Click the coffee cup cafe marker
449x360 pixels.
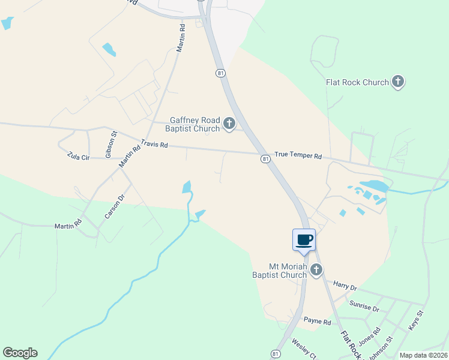(x=304, y=240)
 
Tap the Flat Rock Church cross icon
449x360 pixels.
(x=397, y=82)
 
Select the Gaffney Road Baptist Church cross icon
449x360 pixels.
(x=229, y=124)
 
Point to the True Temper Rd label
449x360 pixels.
(x=298, y=156)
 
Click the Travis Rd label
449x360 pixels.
(x=154, y=145)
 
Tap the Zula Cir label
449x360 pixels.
(x=78, y=157)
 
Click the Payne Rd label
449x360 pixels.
(x=318, y=322)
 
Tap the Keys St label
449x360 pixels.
(x=416, y=320)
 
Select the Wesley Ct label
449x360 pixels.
(x=304, y=348)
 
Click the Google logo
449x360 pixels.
(x=20, y=353)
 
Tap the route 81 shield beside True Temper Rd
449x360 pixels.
(x=265, y=159)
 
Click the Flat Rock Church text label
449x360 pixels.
(x=357, y=82)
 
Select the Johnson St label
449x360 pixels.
(x=381, y=347)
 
